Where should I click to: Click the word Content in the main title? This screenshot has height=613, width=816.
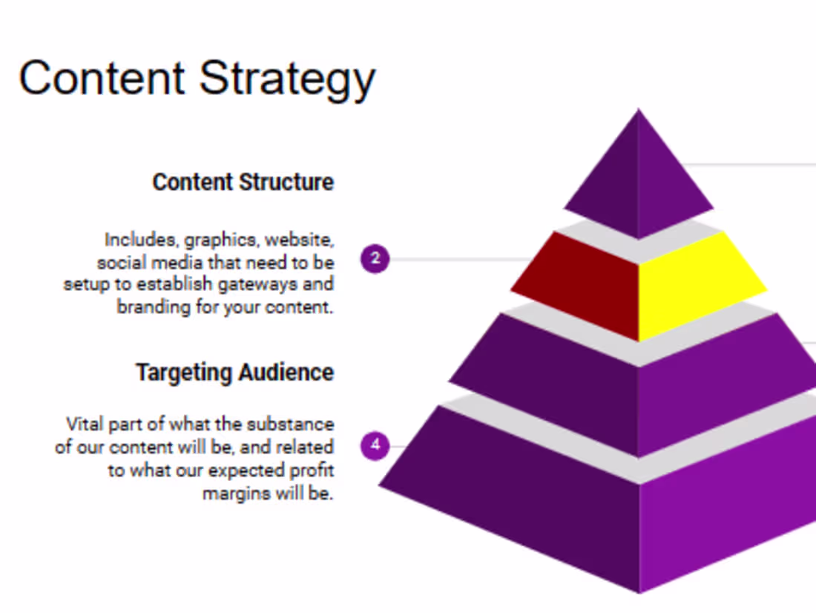[x=102, y=78]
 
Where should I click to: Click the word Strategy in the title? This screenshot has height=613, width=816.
[x=287, y=80]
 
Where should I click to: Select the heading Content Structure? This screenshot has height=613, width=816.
[x=243, y=182]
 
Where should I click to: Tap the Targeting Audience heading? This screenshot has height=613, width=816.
[x=234, y=373]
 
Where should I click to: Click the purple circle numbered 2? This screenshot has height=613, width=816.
[x=375, y=258]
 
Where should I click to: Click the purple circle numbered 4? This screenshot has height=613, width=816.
[x=375, y=445]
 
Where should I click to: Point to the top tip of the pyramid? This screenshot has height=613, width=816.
[x=639, y=108]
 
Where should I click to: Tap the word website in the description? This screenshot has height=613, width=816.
[x=299, y=240]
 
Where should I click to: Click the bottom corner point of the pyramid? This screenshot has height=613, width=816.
[x=639, y=593]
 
